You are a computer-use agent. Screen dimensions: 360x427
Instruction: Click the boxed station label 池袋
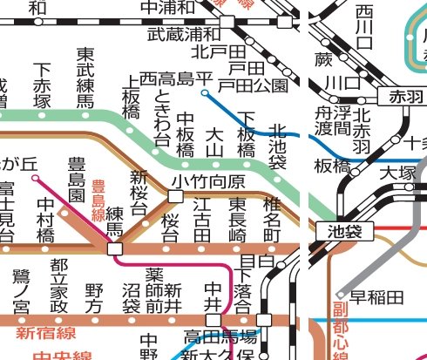(x=349, y=231)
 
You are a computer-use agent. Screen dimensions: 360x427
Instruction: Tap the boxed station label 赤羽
(x=403, y=96)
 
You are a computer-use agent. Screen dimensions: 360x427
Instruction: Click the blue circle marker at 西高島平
(x=204, y=92)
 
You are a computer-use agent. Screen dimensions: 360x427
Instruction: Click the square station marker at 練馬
(x=115, y=249)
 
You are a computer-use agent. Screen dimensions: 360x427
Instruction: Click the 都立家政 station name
(x=59, y=287)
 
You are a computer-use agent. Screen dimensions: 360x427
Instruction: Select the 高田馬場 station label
(x=220, y=336)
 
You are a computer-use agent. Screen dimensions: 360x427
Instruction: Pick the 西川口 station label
(x=364, y=27)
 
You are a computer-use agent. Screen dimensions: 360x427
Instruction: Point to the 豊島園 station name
(x=78, y=180)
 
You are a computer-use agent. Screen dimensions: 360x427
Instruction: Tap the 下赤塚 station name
(x=42, y=85)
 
